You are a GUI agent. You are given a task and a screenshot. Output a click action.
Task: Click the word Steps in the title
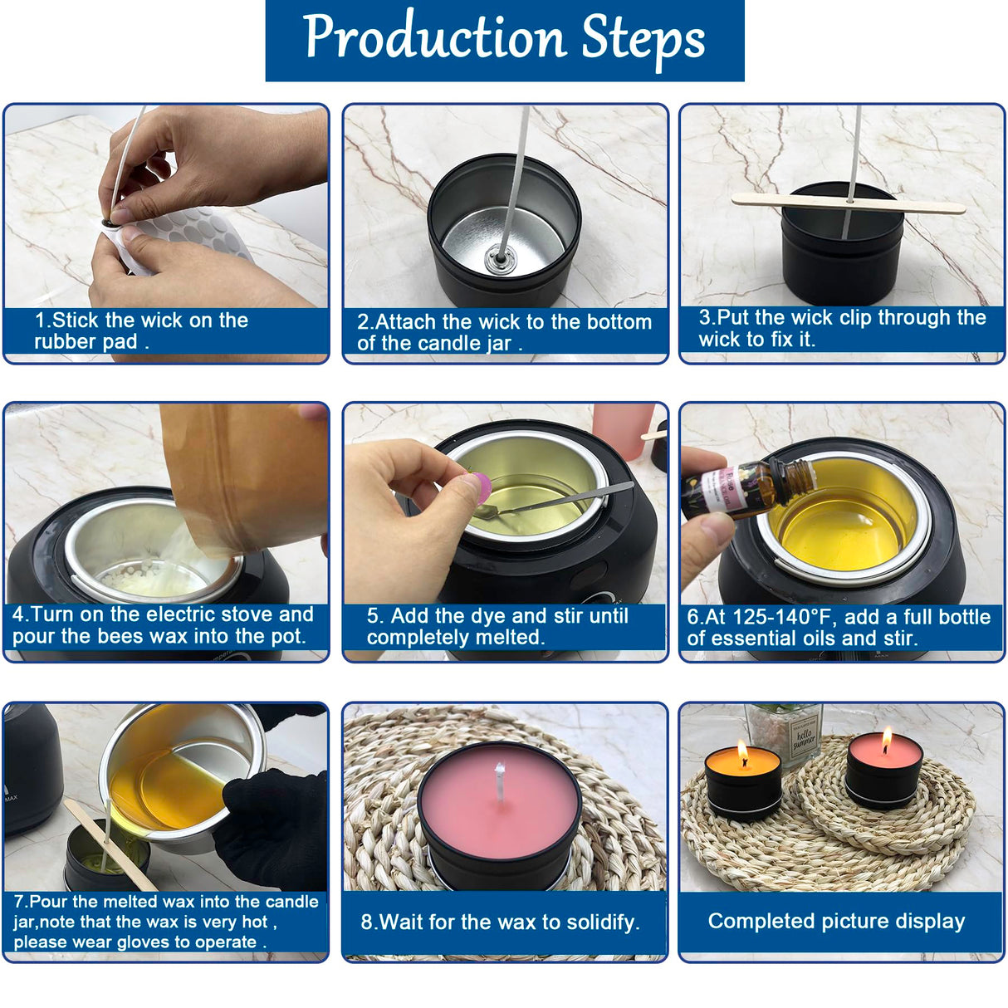[643, 38]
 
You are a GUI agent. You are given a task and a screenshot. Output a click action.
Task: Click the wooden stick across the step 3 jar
[847, 202]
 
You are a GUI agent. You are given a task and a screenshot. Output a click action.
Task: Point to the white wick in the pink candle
[500, 782]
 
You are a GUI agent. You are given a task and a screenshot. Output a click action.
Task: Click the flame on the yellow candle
[742, 755]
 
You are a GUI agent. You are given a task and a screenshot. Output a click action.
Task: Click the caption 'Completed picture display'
[836, 921]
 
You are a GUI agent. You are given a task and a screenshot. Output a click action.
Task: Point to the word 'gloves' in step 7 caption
[173, 942]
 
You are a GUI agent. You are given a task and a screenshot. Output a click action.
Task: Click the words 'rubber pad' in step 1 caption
[86, 341]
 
